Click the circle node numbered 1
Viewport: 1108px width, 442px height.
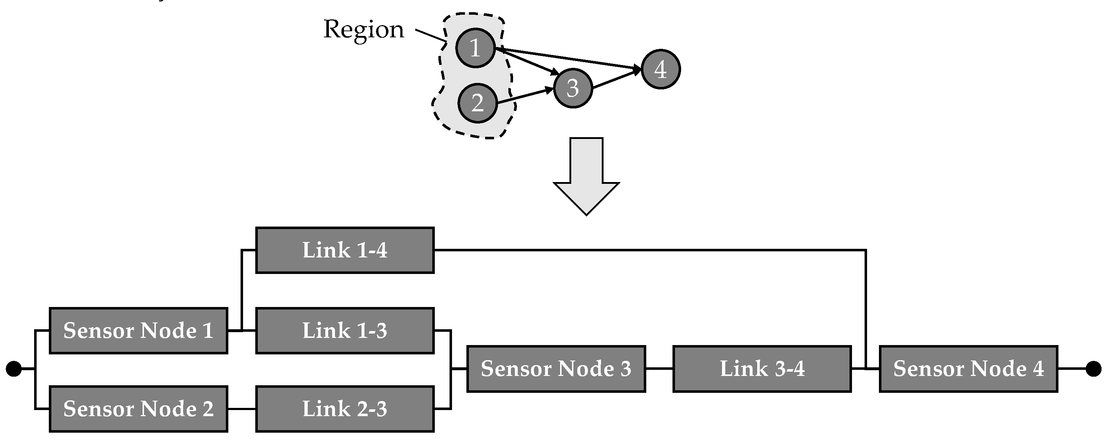click(x=475, y=48)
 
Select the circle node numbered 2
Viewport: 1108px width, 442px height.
click(x=478, y=103)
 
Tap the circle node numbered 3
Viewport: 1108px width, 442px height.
click(x=573, y=88)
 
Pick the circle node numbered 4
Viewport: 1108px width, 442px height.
click(x=660, y=69)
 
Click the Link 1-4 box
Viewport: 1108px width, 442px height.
click(x=345, y=250)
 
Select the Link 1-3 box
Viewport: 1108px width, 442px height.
click(x=345, y=331)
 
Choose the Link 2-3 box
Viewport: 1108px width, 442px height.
click(x=345, y=409)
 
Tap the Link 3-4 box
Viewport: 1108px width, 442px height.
click(x=762, y=369)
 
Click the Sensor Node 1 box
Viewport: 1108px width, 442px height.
click(x=139, y=331)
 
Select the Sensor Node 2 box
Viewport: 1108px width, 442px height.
click(x=139, y=409)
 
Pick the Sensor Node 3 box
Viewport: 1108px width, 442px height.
click(x=556, y=369)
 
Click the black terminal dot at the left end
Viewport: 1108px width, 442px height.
click(x=13, y=369)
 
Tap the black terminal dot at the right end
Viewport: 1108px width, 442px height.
click(x=1093, y=369)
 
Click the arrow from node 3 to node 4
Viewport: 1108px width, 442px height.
click(x=616, y=79)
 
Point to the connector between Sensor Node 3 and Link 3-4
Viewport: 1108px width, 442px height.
click(x=659, y=369)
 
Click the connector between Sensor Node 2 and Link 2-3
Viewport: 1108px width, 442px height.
click(x=242, y=409)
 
